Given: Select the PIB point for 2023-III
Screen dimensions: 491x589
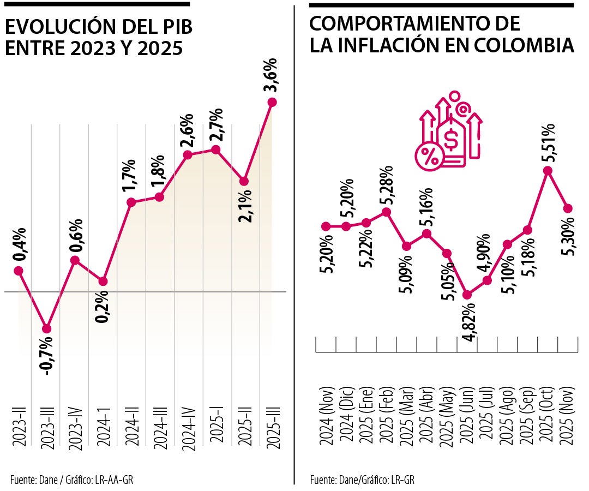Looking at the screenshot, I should pos(46,329).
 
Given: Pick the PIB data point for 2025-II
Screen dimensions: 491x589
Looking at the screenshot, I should pos(245,181).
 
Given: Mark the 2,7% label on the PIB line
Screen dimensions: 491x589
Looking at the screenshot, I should pos(216,125).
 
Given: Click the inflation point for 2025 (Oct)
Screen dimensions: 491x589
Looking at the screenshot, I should pos(548,170).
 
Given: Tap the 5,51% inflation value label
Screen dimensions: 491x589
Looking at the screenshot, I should pos(548,143).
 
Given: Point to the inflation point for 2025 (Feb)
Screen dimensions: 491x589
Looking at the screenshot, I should pos(387,212).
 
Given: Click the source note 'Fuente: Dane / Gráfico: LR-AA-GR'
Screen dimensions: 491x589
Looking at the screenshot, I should pos(71,480).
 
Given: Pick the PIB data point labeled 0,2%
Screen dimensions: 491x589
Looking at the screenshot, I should pos(103,282).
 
